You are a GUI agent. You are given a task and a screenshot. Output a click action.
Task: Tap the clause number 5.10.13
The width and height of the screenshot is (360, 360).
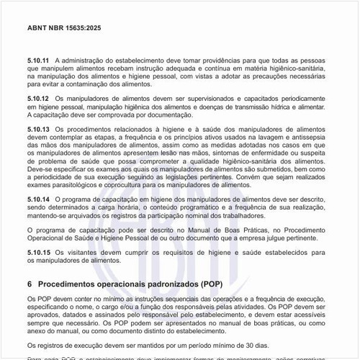(37, 128)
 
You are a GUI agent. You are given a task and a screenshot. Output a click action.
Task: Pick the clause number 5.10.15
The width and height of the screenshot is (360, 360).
(37, 252)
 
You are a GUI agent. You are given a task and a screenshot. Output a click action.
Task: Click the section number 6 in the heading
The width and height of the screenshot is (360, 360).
(29, 284)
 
